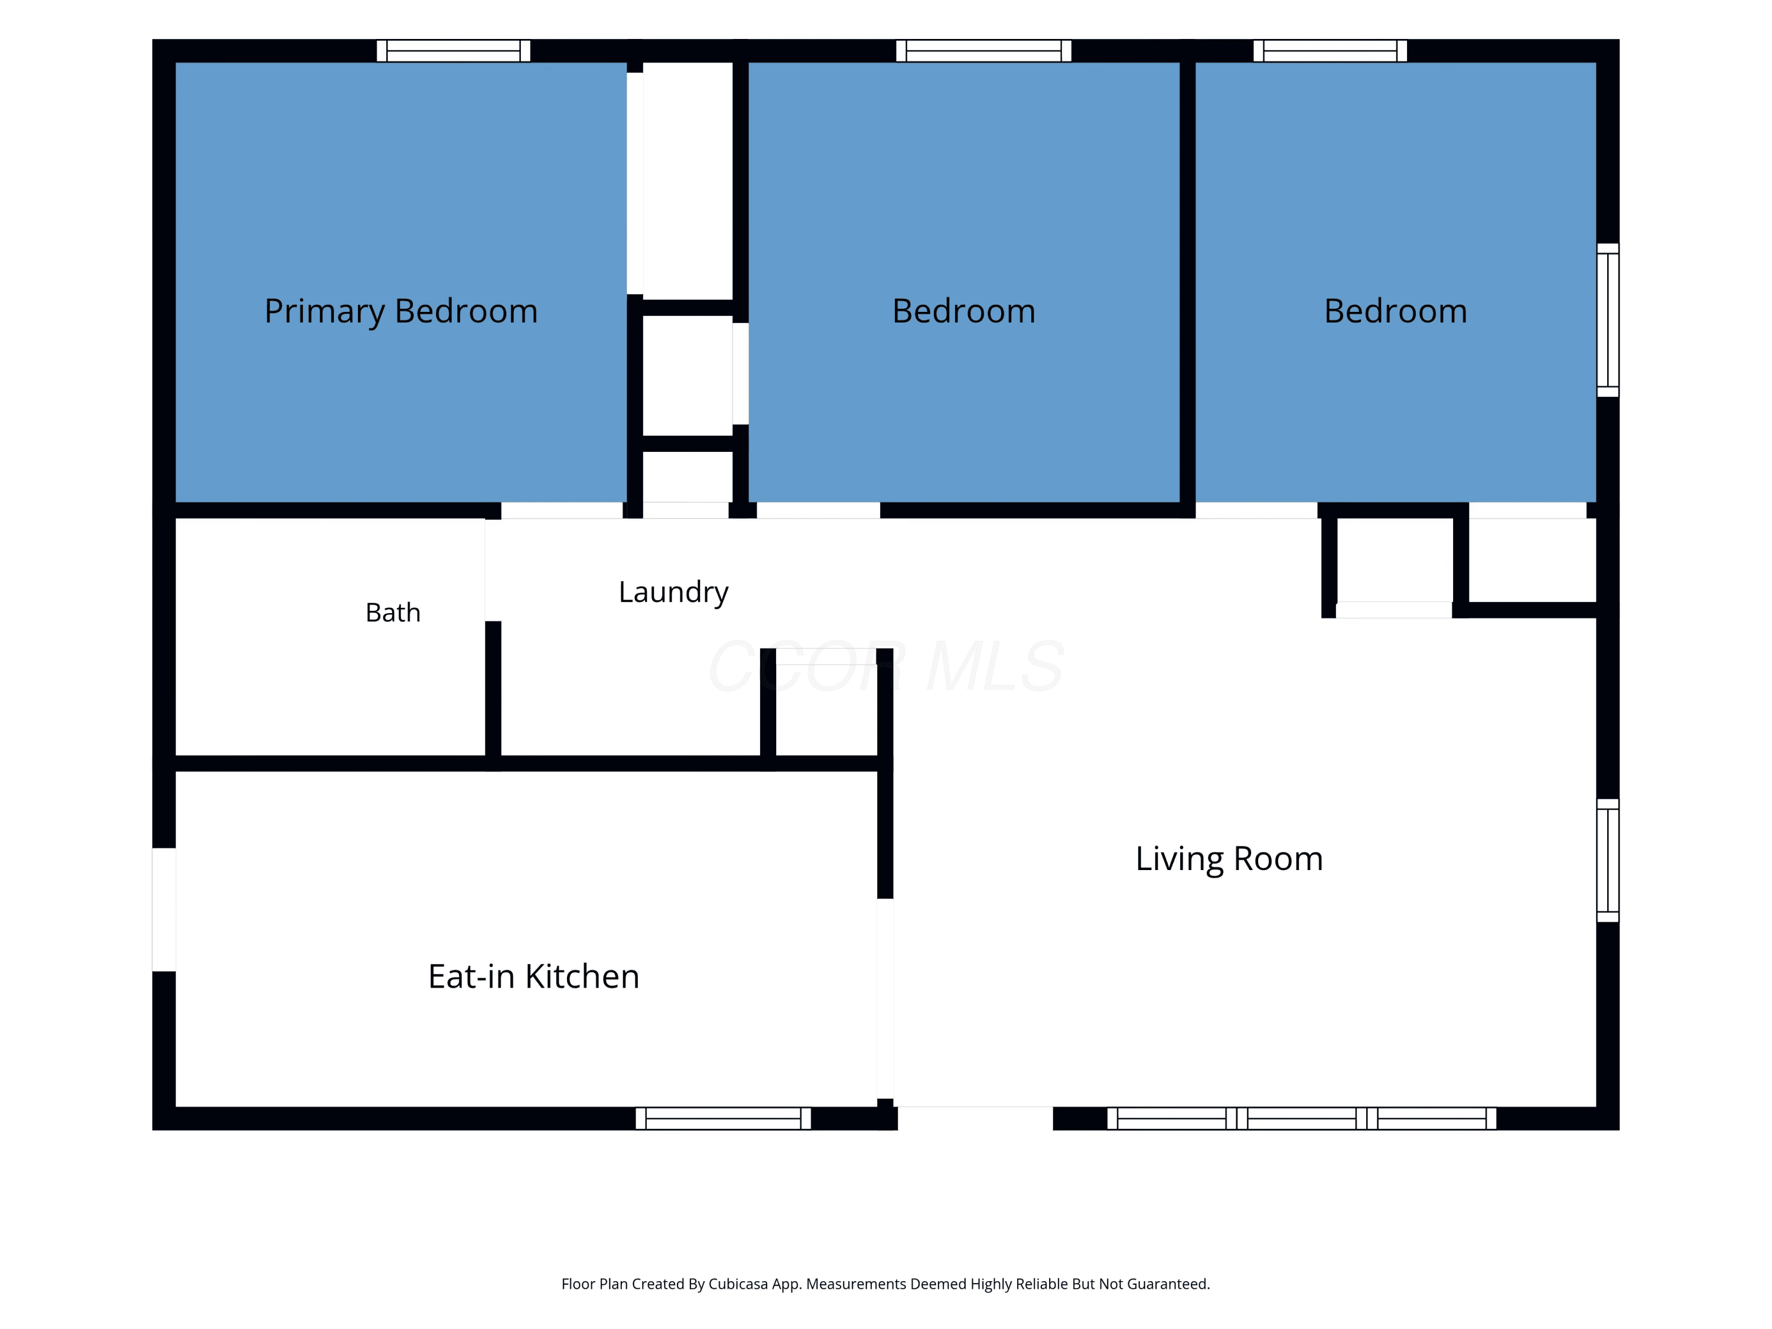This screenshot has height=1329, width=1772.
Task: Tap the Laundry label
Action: coord(673,592)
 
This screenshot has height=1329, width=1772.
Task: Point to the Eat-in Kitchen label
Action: coord(533,976)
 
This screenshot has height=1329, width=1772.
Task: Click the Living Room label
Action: coord(1229,859)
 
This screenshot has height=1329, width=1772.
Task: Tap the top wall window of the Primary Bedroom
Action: coord(454,50)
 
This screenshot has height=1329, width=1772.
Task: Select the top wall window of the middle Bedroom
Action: coord(983,50)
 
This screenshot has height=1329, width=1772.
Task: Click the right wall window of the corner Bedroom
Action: coord(1608,320)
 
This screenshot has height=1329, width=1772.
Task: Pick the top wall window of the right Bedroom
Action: coord(1331,50)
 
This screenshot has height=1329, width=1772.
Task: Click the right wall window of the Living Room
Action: coord(1608,861)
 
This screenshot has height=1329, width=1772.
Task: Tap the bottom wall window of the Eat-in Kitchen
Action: coord(724,1118)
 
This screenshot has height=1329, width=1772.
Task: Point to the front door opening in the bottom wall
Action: coord(975,1118)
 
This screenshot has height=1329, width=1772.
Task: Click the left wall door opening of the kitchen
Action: coord(164,909)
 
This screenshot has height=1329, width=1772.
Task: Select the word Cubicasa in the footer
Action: coord(738,1284)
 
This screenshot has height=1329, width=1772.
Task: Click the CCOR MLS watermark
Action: coord(886,666)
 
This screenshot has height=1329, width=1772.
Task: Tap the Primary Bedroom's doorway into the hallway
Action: coord(562,510)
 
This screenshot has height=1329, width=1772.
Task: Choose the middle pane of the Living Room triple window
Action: coord(1302,1118)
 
